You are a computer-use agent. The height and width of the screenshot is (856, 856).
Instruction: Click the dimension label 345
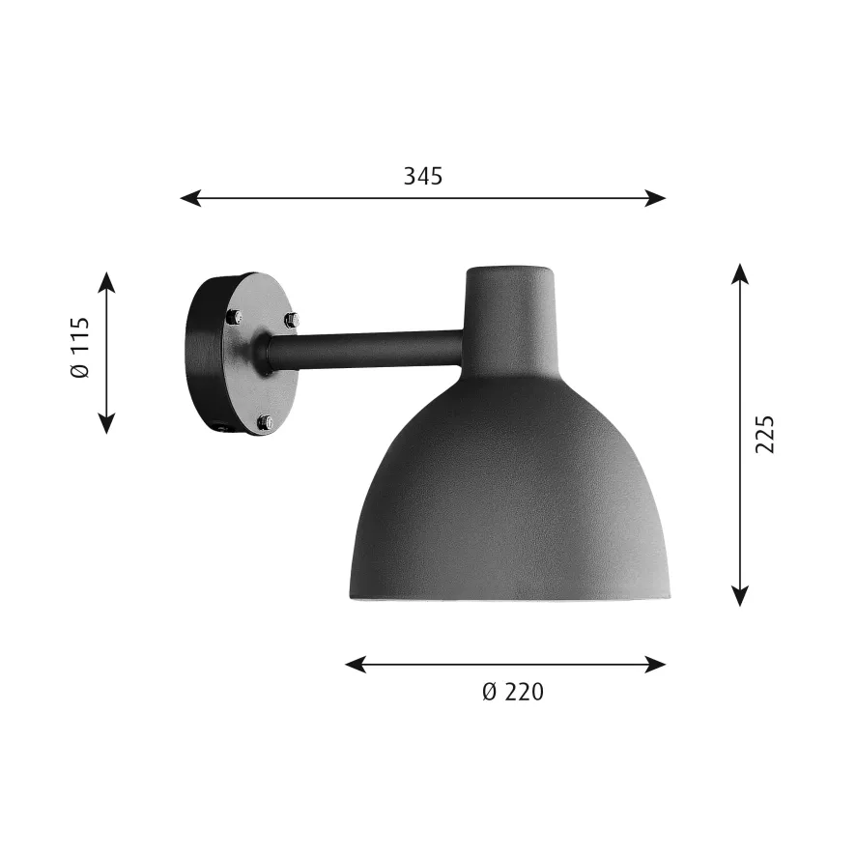pos(422,176)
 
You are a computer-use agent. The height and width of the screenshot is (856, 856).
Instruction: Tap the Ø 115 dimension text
pos(80,348)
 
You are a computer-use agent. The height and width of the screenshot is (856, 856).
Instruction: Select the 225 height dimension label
pos(764,435)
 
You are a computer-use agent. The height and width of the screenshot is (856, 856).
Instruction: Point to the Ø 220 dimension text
pos(512,692)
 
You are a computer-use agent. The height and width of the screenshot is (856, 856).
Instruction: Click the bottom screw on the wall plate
pos(266,422)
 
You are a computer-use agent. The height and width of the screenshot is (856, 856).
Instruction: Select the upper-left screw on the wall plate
pos(233,316)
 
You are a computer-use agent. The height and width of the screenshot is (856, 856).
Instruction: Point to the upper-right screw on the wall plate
pos(291,319)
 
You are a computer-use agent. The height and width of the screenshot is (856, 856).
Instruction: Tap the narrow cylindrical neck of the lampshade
pos(510,309)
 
